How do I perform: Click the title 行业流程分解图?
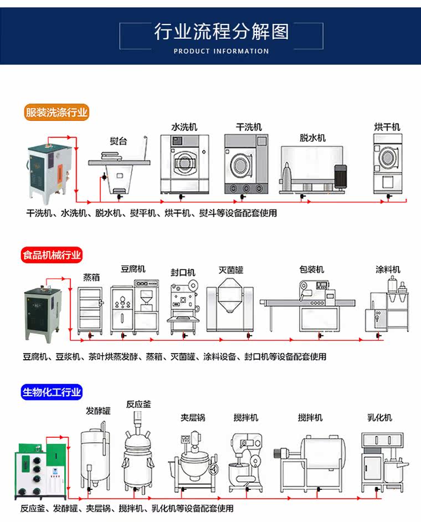[x=221, y=32]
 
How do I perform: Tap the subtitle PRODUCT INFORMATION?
[x=221, y=51]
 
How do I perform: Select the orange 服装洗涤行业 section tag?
[x=57, y=112]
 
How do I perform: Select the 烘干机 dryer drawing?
[x=387, y=163]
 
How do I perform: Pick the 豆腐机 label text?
[x=133, y=269]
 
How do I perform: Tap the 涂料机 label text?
[x=388, y=270]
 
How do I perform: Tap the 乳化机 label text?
[x=379, y=417]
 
